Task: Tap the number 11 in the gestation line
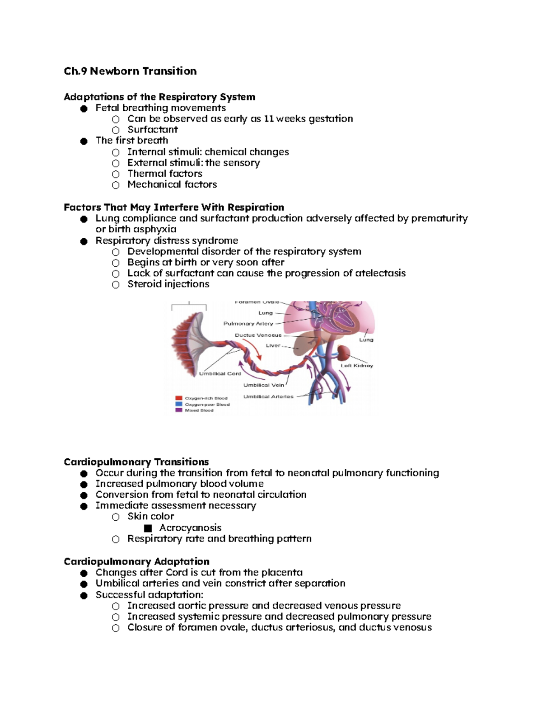click(268, 119)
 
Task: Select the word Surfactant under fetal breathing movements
click(153, 130)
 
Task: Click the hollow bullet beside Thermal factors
click(116, 174)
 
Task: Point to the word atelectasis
click(380, 273)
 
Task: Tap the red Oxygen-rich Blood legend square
click(179, 398)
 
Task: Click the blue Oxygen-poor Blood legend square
click(179, 404)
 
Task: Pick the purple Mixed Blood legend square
click(179, 410)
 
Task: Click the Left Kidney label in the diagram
click(357, 366)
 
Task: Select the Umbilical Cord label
click(220, 374)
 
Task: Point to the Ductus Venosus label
click(258, 335)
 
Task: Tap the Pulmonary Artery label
click(248, 324)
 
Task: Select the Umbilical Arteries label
click(268, 397)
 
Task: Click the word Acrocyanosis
click(190, 528)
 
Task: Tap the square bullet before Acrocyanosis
click(148, 528)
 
